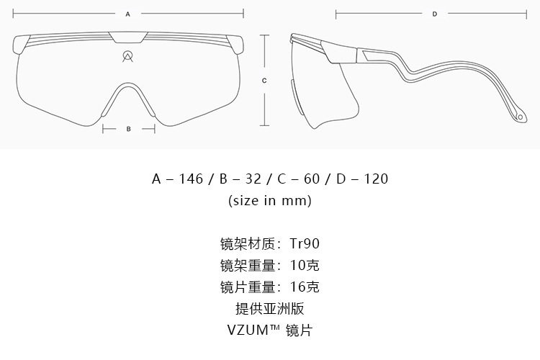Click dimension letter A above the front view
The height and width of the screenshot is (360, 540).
click(128, 14)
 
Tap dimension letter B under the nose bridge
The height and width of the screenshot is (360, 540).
click(128, 129)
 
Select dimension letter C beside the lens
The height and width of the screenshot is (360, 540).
click(265, 81)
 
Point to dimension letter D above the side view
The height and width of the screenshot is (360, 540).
click(435, 14)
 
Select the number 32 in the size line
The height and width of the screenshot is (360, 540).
click(253, 179)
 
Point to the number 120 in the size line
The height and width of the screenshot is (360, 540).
click(374, 179)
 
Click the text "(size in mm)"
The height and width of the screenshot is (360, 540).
click(270, 200)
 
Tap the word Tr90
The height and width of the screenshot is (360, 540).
click(305, 243)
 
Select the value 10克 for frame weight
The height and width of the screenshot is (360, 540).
click(305, 265)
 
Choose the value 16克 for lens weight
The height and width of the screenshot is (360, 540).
click(305, 287)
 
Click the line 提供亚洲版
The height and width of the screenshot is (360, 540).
click(270, 309)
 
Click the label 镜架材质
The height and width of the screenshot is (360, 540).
click(248, 243)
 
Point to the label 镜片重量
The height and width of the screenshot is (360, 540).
click(248, 287)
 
